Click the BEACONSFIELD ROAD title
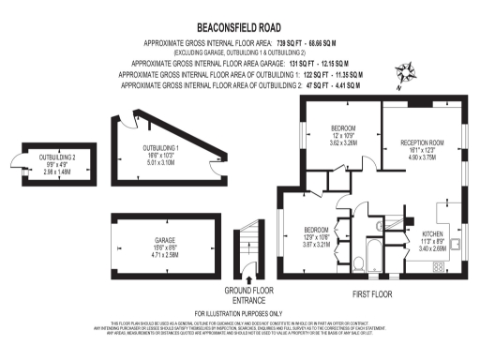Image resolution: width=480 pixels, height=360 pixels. (x=240, y=29)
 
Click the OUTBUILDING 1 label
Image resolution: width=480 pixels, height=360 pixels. (x=161, y=148)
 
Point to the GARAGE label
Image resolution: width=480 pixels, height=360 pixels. (x=166, y=239)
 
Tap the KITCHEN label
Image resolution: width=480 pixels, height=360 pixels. (x=431, y=233)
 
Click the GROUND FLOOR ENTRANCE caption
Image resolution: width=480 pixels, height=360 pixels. (x=248, y=294)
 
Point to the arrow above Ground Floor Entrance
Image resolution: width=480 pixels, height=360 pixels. (x=248, y=278)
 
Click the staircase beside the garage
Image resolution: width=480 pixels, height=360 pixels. (x=248, y=243)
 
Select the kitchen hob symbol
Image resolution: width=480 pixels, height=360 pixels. (x=438, y=267)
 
